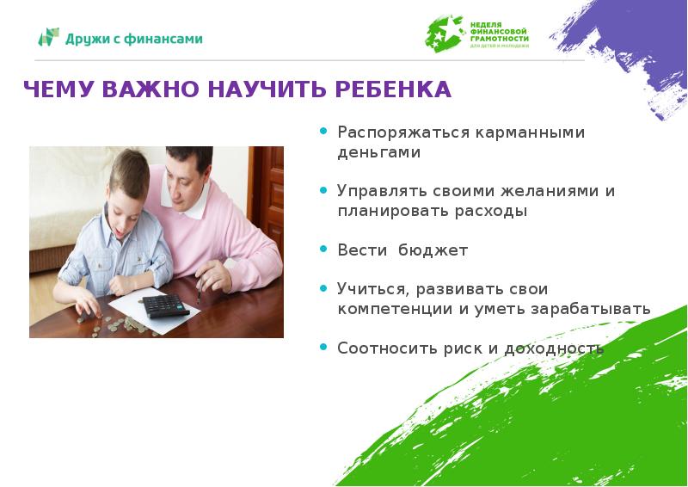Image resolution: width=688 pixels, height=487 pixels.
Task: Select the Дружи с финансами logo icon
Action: (49, 38)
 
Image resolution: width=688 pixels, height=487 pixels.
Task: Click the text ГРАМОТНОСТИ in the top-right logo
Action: (500, 39)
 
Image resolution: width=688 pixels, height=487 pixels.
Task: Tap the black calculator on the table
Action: (163, 305)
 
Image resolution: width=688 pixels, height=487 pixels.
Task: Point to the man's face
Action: (186, 176)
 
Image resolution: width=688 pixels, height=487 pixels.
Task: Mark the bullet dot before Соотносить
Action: (323, 347)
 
